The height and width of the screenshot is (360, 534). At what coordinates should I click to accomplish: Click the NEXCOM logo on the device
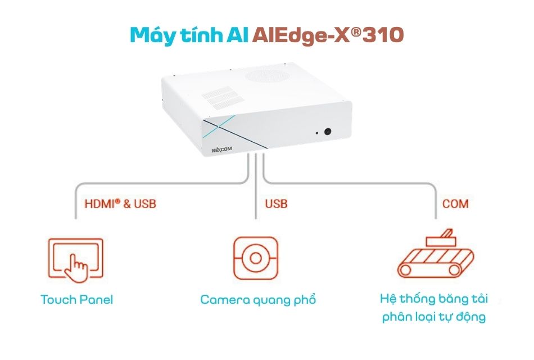click(221, 149)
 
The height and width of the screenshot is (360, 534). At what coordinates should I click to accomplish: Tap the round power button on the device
click(328, 131)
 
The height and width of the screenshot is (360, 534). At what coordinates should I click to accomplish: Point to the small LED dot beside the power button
click(316, 133)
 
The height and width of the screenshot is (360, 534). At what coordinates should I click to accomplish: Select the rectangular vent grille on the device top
click(223, 97)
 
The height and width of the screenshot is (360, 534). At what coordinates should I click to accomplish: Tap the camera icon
click(256, 258)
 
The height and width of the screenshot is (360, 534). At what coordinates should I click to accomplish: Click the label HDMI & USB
click(120, 204)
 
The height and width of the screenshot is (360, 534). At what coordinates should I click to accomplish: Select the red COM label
click(455, 204)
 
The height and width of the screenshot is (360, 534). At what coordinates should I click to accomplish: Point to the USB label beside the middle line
click(276, 204)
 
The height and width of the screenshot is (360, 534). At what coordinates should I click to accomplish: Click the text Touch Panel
click(76, 300)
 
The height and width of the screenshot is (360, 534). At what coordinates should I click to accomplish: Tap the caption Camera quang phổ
click(258, 300)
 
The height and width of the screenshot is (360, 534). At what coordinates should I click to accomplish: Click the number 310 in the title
click(383, 35)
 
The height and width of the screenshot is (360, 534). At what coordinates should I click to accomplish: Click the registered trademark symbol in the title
click(356, 31)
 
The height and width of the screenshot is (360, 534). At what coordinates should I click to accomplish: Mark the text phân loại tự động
click(433, 317)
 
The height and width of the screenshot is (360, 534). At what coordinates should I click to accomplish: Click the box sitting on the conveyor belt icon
click(441, 240)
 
